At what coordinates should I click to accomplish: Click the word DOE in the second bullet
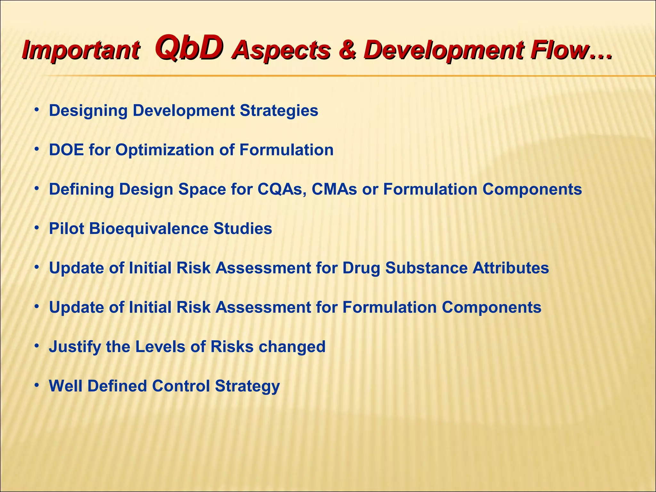click(67, 150)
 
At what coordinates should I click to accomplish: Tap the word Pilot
click(66, 229)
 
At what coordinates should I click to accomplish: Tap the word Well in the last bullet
click(66, 386)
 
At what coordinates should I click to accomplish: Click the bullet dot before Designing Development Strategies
click(37, 110)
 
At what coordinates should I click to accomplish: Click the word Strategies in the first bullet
click(279, 111)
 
